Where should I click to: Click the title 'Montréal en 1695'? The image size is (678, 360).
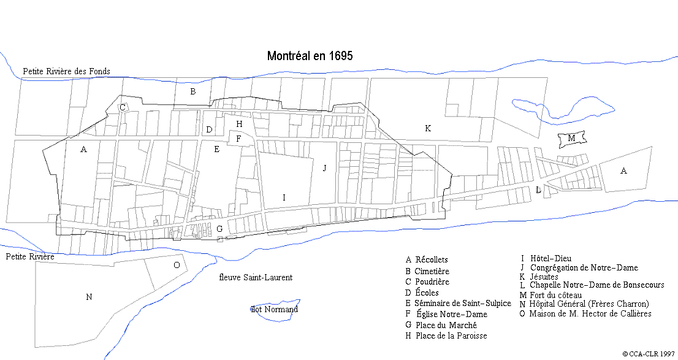tap(310, 56)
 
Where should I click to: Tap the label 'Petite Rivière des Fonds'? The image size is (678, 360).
tap(66, 71)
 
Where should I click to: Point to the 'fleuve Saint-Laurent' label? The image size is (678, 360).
tap(256, 277)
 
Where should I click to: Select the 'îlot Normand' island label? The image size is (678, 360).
tap(274, 309)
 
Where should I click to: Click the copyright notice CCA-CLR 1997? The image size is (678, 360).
tap(649, 354)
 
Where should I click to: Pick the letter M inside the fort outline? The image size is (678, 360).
tap(571, 139)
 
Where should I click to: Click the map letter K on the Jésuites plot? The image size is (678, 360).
tap(428, 128)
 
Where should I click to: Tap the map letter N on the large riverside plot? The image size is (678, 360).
tap(89, 297)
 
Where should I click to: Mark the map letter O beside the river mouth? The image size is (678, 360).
tap(177, 265)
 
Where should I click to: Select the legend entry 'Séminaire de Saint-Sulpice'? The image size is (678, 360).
tap(463, 304)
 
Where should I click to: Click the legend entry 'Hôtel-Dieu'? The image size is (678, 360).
tap(550, 259)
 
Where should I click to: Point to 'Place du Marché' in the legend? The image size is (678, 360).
tap(446, 325)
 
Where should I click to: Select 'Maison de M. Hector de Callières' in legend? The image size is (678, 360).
tap(590, 313)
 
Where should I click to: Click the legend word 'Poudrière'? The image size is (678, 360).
tap(432, 282)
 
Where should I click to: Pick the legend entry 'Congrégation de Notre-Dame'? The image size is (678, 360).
tap(584, 268)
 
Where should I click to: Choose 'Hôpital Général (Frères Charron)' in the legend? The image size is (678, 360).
tap(588, 304)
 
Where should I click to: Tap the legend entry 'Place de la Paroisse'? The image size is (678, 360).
tap(451, 335)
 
